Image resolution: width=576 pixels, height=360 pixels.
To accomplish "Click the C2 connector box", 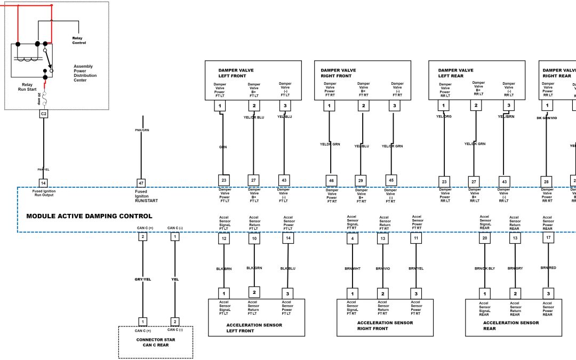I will (x=44, y=114).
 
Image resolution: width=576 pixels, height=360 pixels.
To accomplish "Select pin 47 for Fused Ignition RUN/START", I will (x=141, y=182).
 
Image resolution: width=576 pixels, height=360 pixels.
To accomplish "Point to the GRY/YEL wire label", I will (x=143, y=279).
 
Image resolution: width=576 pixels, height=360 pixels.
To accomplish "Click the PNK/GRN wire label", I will (x=142, y=130).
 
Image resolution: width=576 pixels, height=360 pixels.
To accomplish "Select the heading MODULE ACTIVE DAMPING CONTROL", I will (x=89, y=216).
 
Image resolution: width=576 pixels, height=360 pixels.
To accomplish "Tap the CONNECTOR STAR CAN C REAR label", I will (x=155, y=342).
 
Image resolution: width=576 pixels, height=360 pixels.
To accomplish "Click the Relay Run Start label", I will (x=27, y=87).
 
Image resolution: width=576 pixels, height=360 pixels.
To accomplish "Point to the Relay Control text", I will (x=79, y=40).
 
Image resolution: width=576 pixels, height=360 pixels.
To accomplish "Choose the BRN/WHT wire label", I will (x=352, y=268).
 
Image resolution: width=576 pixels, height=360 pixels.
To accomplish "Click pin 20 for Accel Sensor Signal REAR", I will (x=485, y=239).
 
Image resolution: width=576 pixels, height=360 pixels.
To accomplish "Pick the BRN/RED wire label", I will (x=548, y=267).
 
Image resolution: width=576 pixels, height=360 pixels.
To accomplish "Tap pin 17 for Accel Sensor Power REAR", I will (x=548, y=239).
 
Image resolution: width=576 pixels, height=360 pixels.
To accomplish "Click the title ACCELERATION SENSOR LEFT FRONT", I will (x=247, y=327).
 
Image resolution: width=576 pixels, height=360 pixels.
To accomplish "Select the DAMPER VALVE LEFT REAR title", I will (x=455, y=73).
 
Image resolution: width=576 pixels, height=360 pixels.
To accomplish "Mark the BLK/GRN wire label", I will (x=254, y=268).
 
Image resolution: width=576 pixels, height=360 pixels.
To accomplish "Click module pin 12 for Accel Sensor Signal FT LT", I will (x=225, y=239).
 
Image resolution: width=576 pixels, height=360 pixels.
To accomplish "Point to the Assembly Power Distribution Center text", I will (x=83, y=73).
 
